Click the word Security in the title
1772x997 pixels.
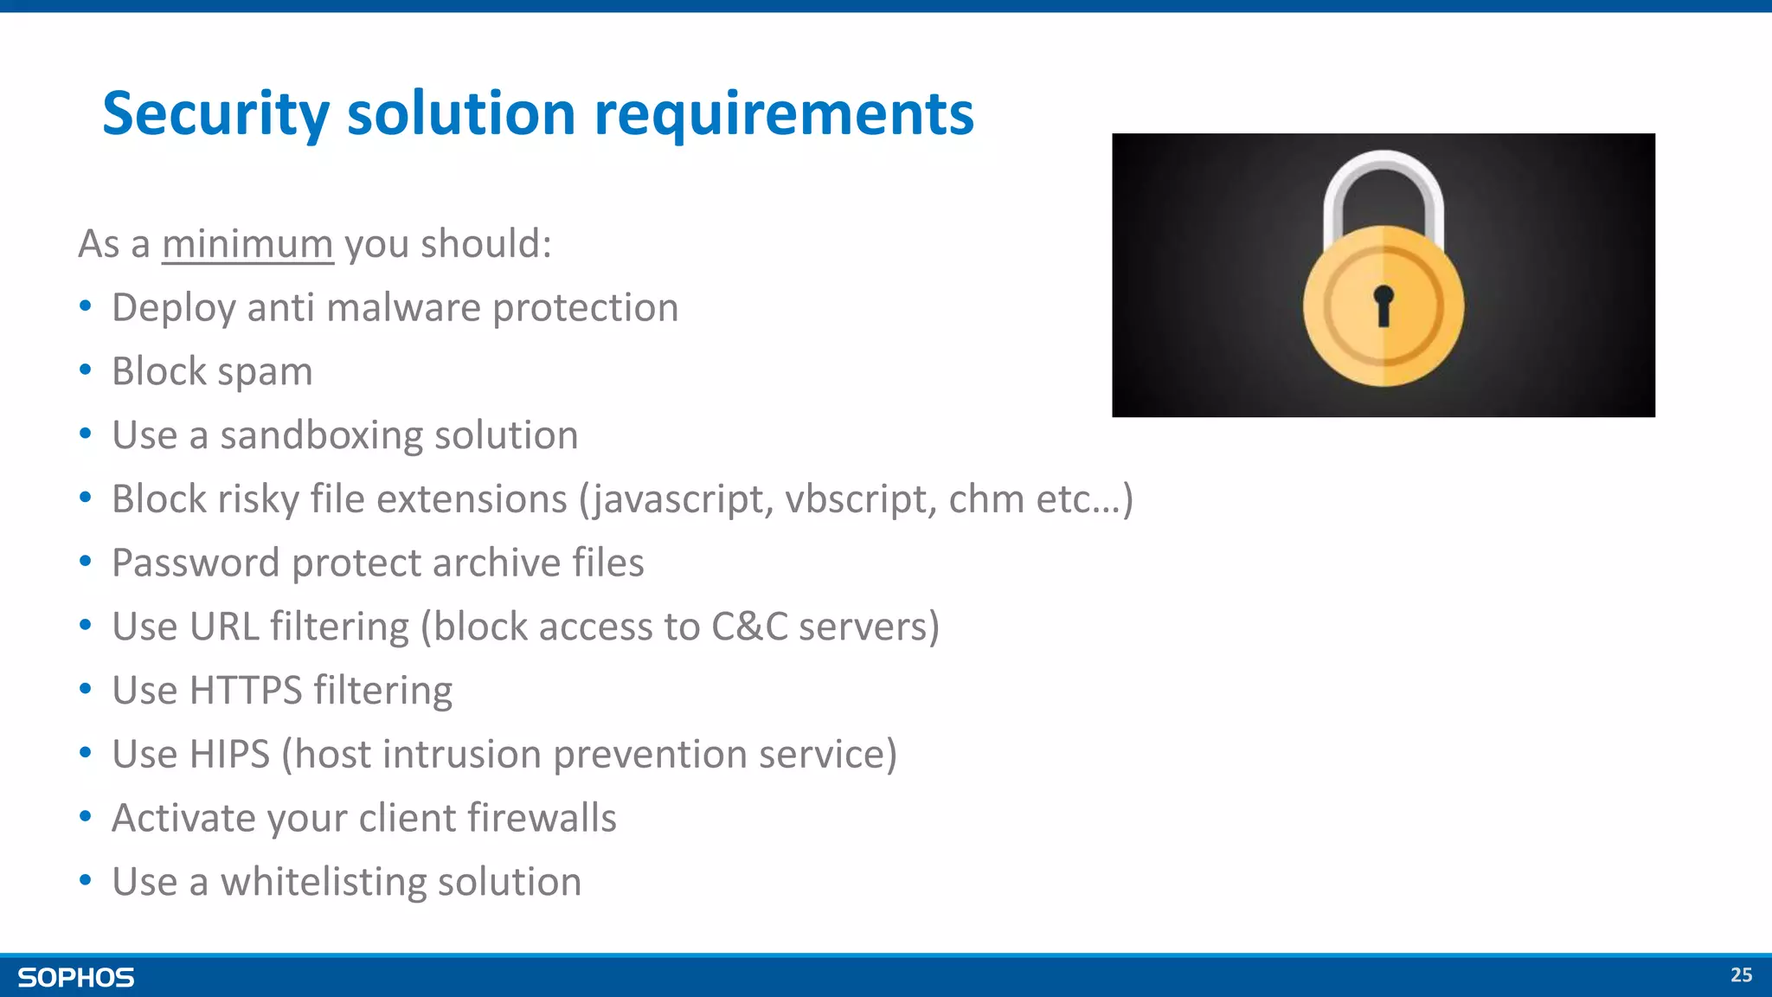[216, 114]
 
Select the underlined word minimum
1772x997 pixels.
[247, 244]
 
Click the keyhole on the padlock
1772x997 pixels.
[1384, 305]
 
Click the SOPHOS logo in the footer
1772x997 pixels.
[76, 977]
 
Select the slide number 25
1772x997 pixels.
[1741, 975]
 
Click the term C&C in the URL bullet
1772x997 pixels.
[749, 627]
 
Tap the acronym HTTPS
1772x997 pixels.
[246, 691]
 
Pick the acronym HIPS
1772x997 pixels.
[229, 754]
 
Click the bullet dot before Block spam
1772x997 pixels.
[85, 370]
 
